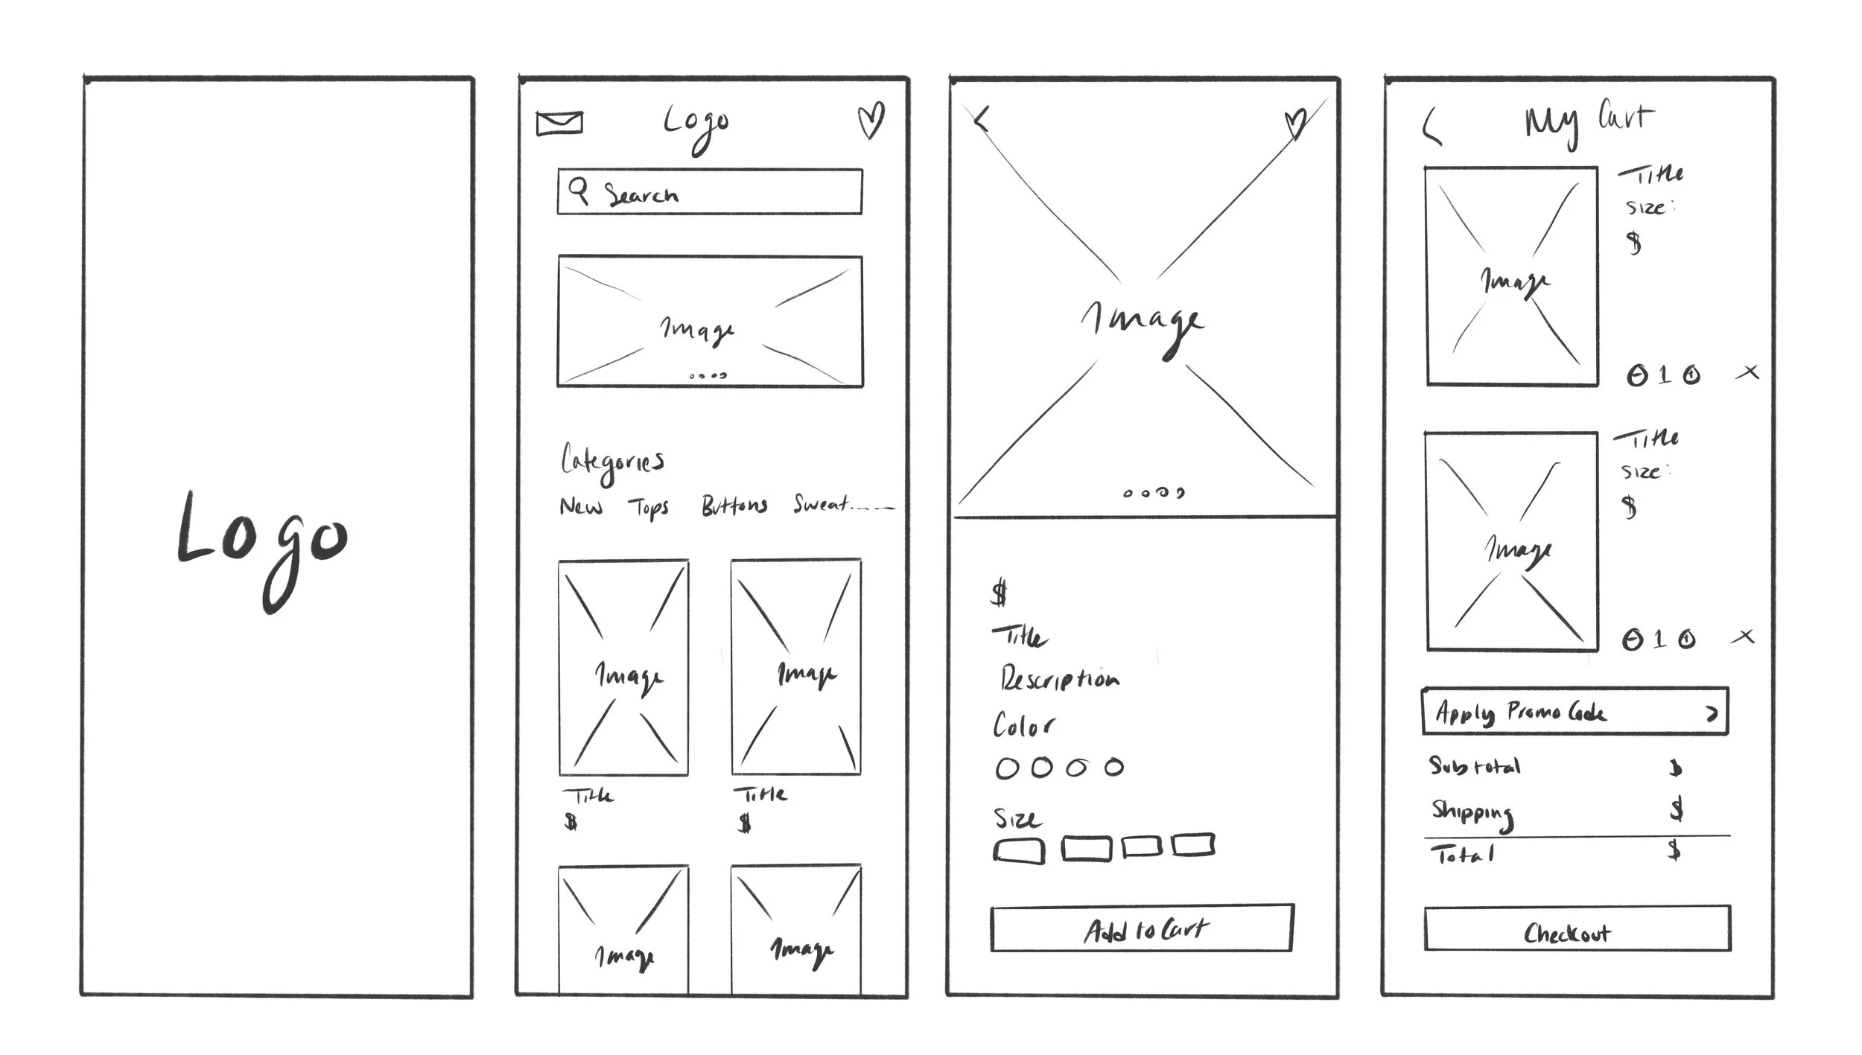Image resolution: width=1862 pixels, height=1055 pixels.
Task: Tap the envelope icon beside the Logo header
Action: pyautogui.click(x=559, y=123)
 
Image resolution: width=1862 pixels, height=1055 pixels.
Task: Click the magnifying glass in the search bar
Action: pyautogui.click(x=579, y=191)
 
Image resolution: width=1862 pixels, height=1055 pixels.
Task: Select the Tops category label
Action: pyautogui.click(x=649, y=508)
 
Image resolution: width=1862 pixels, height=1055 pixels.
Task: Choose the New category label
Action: pyautogui.click(x=581, y=507)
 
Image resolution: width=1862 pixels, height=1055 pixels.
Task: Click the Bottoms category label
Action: pyautogui.click(x=734, y=506)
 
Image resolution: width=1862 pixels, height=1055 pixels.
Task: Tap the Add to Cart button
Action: pyautogui.click(x=1142, y=929)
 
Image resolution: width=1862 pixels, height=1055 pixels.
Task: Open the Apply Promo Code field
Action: pyautogui.click(x=1575, y=712)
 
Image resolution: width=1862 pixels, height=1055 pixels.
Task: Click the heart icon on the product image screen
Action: pyautogui.click(x=1295, y=124)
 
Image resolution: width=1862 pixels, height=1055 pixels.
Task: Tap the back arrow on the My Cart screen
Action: pyautogui.click(x=1430, y=127)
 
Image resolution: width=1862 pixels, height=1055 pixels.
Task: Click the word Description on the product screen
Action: pyautogui.click(x=1059, y=679)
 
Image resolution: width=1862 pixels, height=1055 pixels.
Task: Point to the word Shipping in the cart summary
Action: pyautogui.click(x=1472, y=812)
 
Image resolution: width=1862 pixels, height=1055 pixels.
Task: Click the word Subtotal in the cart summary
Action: pyautogui.click(x=1475, y=766)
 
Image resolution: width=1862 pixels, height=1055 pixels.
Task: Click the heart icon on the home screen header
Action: pyautogui.click(x=870, y=120)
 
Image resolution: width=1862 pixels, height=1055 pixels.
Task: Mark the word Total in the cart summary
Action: pyautogui.click(x=1462, y=855)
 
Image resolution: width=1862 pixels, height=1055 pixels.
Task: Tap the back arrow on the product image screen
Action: pyautogui.click(x=982, y=119)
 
